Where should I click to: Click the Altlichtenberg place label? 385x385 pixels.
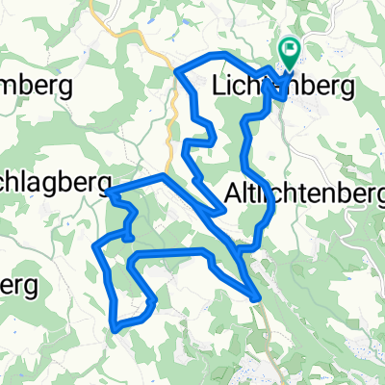304,193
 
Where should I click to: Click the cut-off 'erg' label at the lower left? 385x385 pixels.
19,286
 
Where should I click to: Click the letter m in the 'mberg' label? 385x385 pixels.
10,87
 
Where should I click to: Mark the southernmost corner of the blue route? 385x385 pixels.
115,328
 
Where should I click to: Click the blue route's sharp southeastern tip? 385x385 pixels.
256,298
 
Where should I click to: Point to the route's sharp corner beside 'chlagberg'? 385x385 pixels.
109,193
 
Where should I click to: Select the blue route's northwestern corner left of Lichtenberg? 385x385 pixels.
175,69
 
